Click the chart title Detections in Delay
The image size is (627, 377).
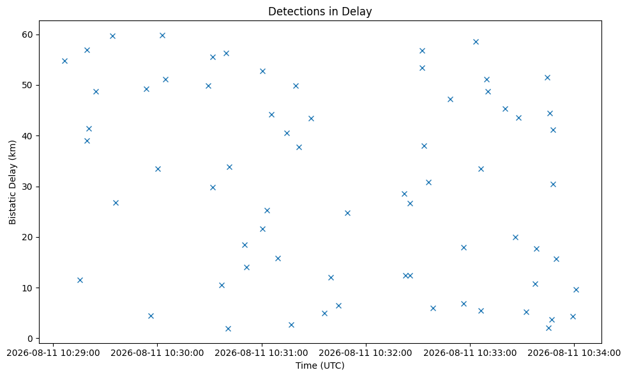coord(320,12)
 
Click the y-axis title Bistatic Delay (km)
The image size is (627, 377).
coord(12,182)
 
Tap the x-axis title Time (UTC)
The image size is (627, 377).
coord(320,365)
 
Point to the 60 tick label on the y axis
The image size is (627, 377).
coord(28,35)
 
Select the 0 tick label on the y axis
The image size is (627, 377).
coord(31,339)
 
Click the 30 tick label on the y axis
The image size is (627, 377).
coord(28,187)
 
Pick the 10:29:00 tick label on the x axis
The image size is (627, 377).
coord(53,353)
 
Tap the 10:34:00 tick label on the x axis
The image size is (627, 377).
coord(574,353)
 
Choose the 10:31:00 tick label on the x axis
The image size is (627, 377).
coord(262,353)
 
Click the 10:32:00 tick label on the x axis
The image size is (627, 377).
coord(365,353)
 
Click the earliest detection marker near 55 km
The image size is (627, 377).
coord(64,61)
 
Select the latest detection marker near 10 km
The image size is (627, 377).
coord(576,289)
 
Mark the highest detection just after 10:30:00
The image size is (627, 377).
coord(162,35)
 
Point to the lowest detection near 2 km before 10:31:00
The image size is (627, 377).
coord(228,328)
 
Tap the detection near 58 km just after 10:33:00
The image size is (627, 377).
coord(476,42)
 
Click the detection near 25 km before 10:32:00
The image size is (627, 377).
coord(347,213)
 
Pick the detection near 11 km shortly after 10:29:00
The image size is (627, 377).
coord(80,280)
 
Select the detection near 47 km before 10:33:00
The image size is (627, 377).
coord(450,99)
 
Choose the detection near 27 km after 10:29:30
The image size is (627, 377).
coord(116,203)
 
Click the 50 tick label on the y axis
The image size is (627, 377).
coord(28,85)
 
